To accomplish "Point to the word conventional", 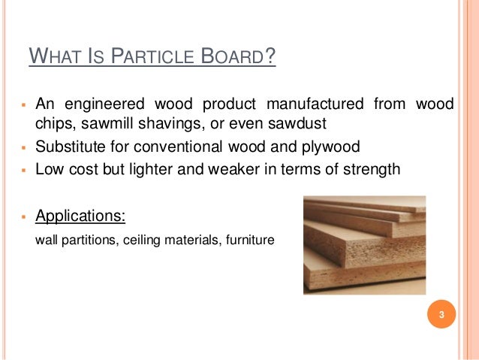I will click(184, 146).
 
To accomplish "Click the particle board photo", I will click(364, 245).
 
